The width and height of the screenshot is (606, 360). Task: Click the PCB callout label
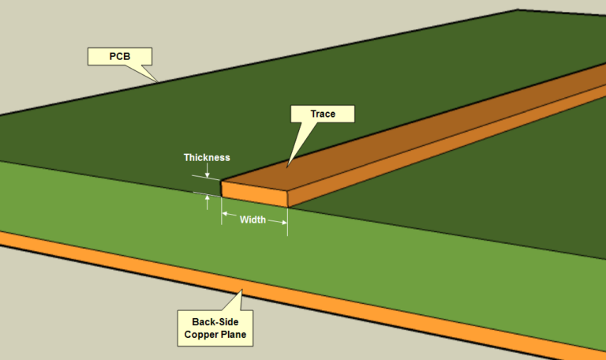118,56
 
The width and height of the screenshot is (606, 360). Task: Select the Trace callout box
323,114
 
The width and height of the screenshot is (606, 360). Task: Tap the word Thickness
207,157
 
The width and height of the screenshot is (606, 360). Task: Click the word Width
252,219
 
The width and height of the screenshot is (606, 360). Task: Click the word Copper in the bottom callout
198,335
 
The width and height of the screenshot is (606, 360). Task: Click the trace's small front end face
254,194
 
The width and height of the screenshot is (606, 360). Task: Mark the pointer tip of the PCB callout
158,81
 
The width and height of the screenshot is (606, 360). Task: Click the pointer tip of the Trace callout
287,166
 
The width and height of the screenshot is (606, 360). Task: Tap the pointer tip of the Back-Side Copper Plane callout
242,292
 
